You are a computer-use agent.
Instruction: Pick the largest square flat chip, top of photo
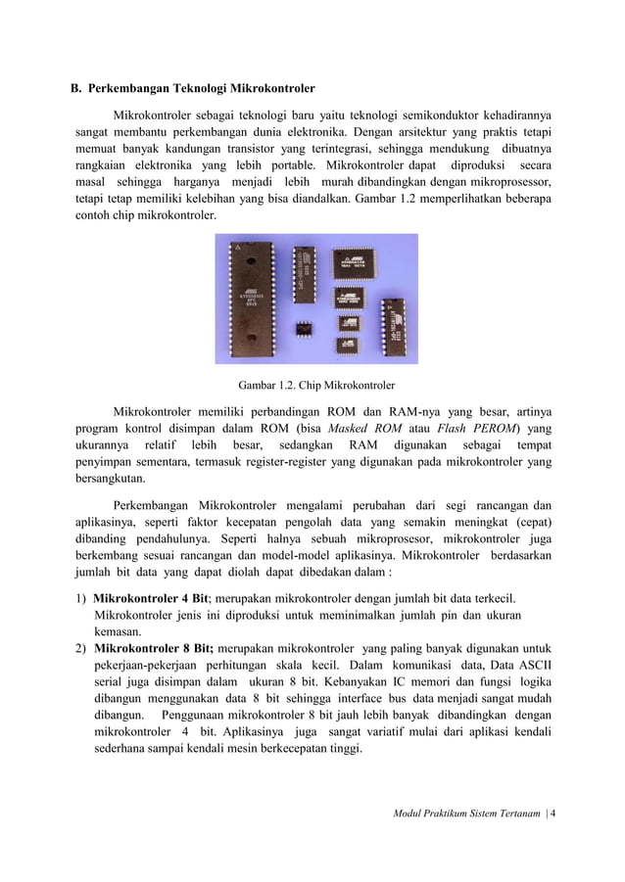pyautogui.click(x=356, y=261)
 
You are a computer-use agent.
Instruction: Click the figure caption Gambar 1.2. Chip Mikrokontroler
pyautogui.click(x=310, y=385)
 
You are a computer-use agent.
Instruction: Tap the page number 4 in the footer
pyautogui.click(x=553, y=812)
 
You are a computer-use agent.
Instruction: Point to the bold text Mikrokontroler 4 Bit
pyautogui.click(x=150, y=598)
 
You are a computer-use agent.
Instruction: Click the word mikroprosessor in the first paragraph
pyautogui.click(x=505, y=182)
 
